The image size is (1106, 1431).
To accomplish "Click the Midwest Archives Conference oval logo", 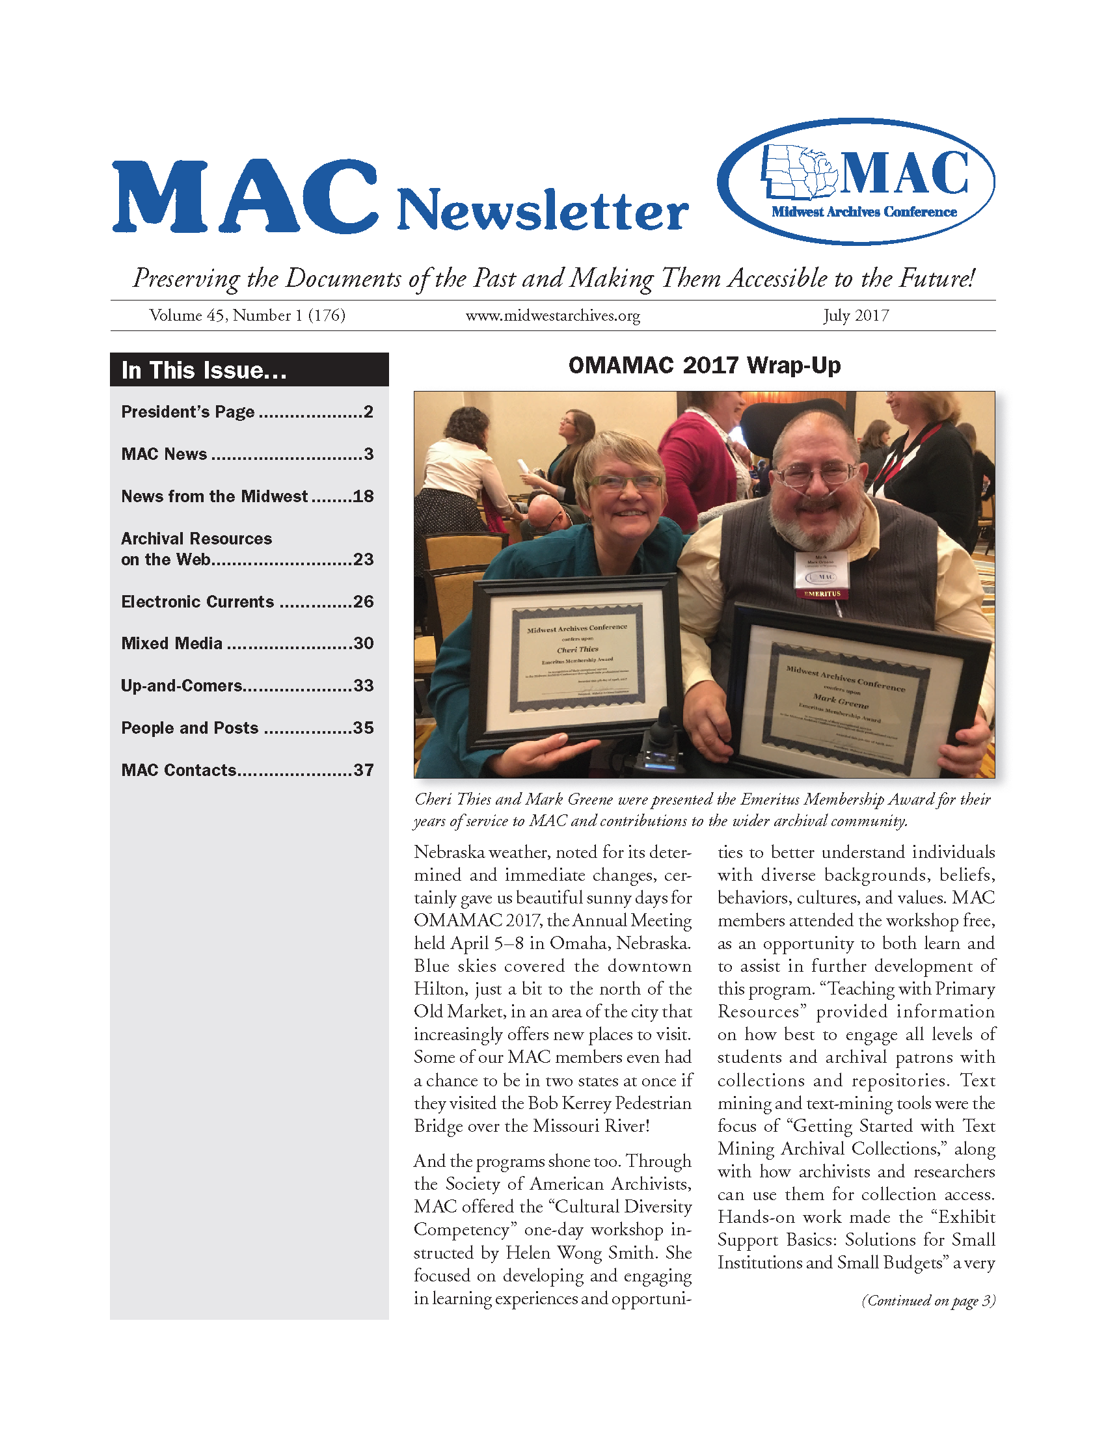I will click(856, 181).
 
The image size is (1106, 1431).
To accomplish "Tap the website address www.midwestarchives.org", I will click(552, 316).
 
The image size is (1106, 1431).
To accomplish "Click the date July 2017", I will click(856, 316).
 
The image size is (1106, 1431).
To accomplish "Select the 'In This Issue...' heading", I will click(204, 370).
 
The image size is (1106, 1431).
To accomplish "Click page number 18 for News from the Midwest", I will click(363, 497).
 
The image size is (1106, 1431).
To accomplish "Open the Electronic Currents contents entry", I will click(247, 602).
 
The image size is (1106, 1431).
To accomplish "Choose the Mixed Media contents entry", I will click(247, 643).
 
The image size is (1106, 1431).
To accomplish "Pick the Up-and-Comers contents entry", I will click(247, 686).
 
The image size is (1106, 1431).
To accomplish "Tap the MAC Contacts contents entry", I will click(247, 770).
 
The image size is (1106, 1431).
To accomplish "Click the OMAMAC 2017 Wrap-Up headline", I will click(705, 366).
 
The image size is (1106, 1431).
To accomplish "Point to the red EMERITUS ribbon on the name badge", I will click(822, 594).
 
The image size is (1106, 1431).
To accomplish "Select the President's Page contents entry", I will click(247, 412).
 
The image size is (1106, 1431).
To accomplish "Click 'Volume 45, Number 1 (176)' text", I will click(247, 316).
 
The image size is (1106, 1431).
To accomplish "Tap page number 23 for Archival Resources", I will click(363, 559).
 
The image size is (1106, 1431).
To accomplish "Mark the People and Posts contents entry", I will click(247, 728).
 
